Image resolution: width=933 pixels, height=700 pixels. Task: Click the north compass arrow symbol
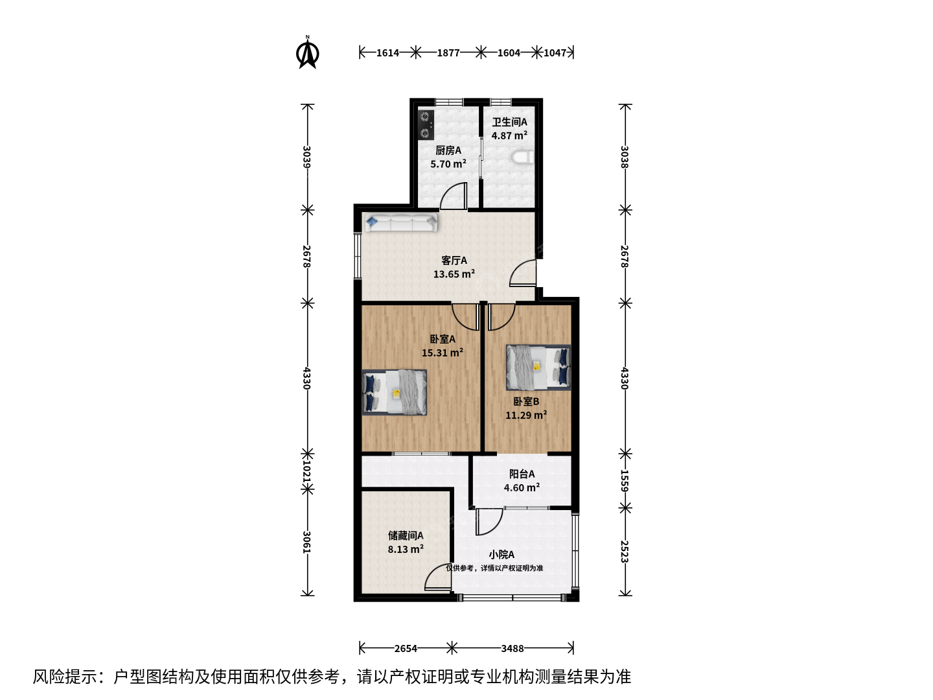tap(307, 52)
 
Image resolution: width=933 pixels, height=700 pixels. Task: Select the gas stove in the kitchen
tap(425, 125)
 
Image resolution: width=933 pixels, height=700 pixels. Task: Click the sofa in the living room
tap(401, 222)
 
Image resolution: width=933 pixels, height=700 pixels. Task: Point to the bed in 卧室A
tap(394, 392)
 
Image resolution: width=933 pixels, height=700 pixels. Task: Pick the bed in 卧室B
tap(538, 367)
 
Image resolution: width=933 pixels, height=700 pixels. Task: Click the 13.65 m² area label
tap(454, 274)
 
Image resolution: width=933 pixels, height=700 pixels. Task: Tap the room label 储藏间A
tap(406, 535)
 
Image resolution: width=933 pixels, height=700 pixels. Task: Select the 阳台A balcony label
tap(522, 473)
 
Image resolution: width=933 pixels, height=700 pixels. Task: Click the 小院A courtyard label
tap(501, 554)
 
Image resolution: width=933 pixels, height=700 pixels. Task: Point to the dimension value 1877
tap(448, 52)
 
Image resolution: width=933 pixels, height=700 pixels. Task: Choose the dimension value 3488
tap(513, 648)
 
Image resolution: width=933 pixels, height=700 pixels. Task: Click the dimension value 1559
tap(624, 481)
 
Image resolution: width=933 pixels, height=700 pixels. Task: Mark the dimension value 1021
tap(307, 472)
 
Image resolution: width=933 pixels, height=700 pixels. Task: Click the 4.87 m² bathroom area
tap(510, 135)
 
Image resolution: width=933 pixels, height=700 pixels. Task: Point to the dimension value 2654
tap(406, 648)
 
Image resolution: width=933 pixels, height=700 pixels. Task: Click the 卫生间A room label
tap(510, 122)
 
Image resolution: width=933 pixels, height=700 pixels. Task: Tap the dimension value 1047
tap(555, 52)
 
